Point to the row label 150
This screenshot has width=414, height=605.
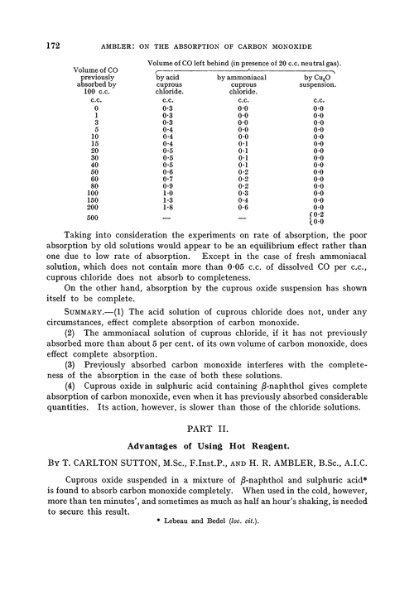tap(96, 199)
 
